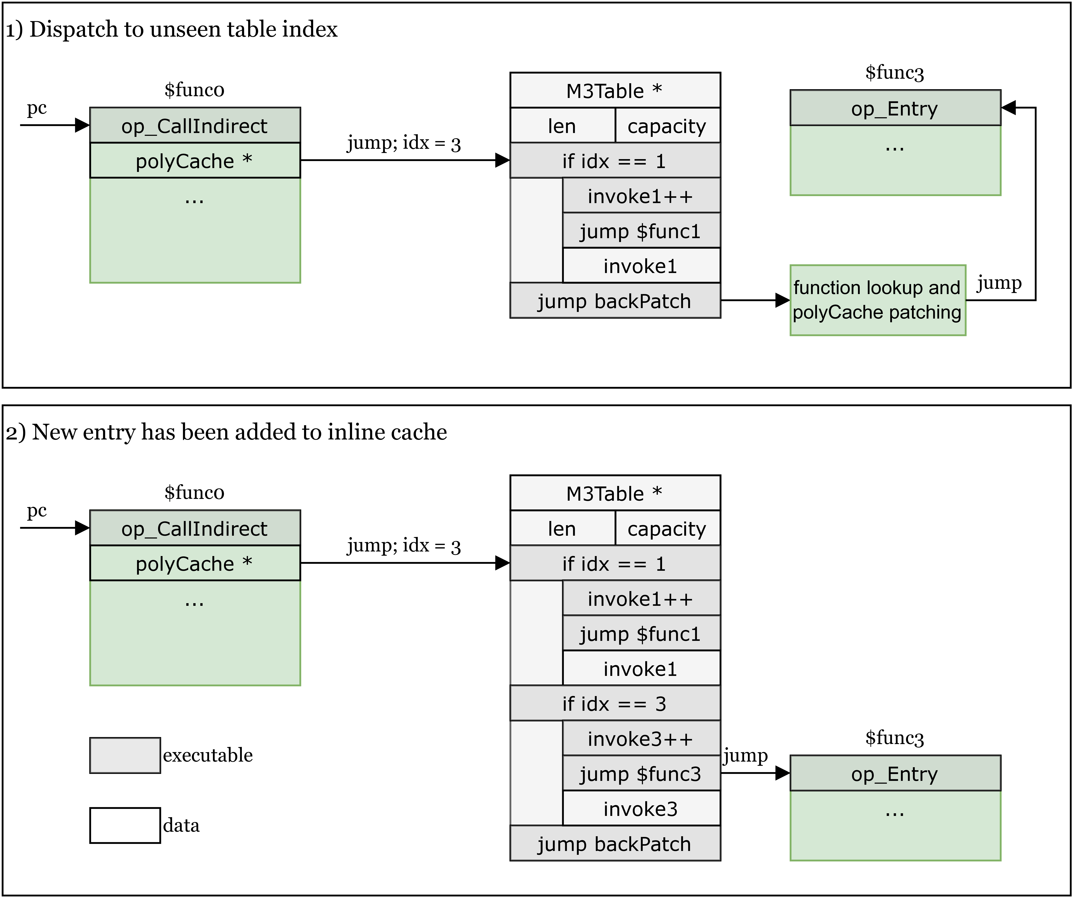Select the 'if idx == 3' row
[615, 704]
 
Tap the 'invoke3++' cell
[641, 739]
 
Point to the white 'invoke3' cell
[641, 809]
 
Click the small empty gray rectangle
[125, 755]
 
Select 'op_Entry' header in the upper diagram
[895, 108]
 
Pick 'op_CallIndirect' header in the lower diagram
[195, 528]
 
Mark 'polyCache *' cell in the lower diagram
[195, 564]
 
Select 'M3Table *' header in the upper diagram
[615, 91]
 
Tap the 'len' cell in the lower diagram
[562, 528]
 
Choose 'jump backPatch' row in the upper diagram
[615, 301]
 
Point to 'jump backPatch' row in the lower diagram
[615, 844]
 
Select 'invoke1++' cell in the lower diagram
[641, 598]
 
